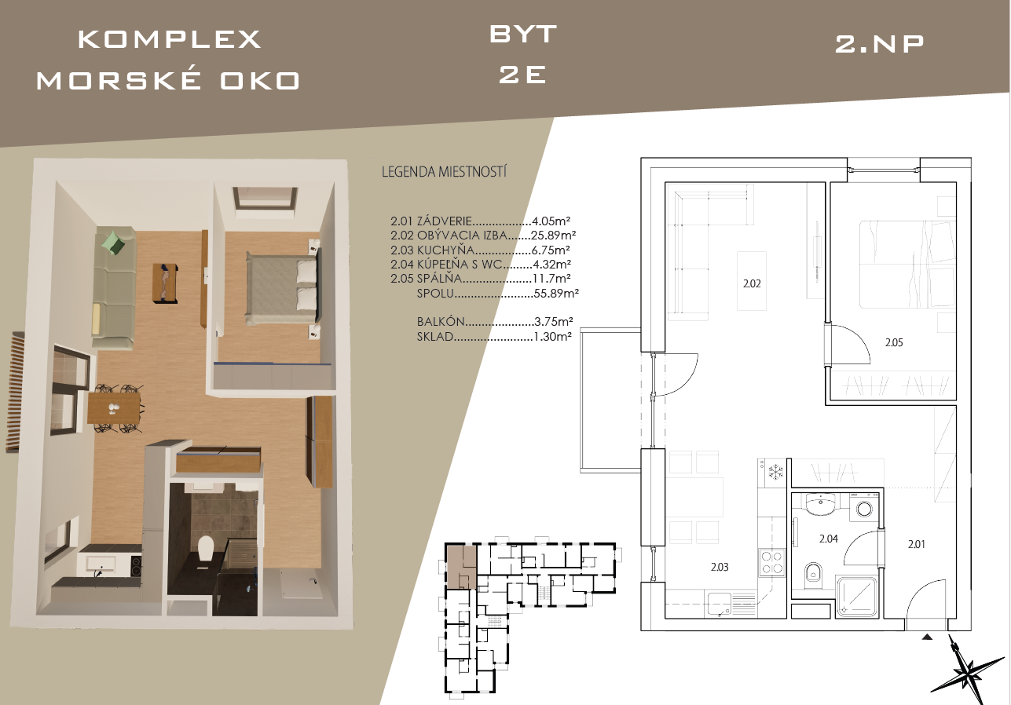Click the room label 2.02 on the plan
click(752, 283)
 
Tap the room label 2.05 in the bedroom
click(894, 343)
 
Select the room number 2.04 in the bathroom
click(829, 539)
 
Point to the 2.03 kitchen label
click(720, 567)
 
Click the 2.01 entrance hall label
click(917, 544)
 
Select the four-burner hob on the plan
click(771, 562)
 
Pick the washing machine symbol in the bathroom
click(864, 508)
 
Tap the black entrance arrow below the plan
click(927, 637)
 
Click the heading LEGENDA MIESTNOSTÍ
click(444, 172)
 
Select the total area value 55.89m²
click(556, 294)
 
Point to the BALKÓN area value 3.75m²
click(553, 322)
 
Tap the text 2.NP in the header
click(879, 44)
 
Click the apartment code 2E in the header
click(522, 75)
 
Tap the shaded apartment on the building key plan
click(461, 567)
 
